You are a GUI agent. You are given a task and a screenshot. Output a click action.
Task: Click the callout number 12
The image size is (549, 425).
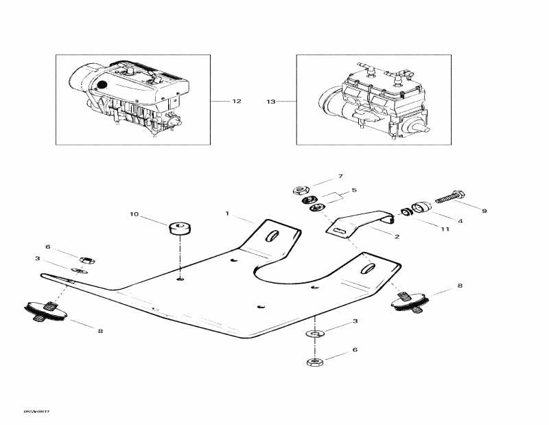tap(237, 102)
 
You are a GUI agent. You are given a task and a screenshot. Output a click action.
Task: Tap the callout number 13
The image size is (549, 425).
tap(270, 102)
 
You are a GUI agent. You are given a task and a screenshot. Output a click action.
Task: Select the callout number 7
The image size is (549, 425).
tap(339, 177)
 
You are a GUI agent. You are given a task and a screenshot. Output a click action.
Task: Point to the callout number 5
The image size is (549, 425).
tap(354, 190)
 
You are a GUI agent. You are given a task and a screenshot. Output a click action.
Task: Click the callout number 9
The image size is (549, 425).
tap(484, 211)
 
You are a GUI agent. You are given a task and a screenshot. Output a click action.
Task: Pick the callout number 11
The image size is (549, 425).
tap(445, 229)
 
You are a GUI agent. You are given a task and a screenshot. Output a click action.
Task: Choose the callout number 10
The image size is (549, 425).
tap(134, 215)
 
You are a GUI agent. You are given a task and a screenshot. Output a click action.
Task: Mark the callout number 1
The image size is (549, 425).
tap(227, 214)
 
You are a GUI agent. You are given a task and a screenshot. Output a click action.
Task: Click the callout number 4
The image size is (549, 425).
tap(460, 221)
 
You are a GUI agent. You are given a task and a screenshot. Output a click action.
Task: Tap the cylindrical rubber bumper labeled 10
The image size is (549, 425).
tap(180, 228)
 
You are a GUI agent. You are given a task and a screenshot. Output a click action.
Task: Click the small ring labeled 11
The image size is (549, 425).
tap(405, 212)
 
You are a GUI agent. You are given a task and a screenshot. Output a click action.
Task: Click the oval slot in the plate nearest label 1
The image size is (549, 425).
tap(271, 236)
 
